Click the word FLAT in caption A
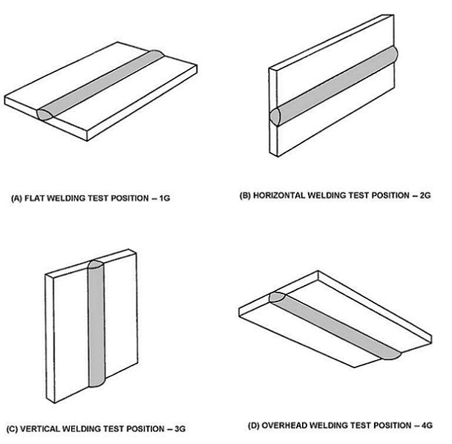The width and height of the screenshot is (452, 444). pyautogui.click(x=35, y=199)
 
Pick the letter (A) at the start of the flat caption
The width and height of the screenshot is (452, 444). pyautogui.click(x=16, y=199)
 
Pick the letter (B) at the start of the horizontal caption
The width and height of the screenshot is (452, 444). pyautogui.click(x=245, y=195)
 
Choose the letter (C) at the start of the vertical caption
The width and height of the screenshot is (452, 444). pyautogui.click(x=13, y=429)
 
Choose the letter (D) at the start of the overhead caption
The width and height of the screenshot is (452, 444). pyautogui.click(x=254, y=425)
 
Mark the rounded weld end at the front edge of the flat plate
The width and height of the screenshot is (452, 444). pyautogui.click(x=45, y=114)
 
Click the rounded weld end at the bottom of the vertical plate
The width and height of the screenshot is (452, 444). pyautogui.click(x=96, y=385)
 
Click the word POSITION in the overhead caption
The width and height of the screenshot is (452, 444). pyautogui.click(x=384, y=425)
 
